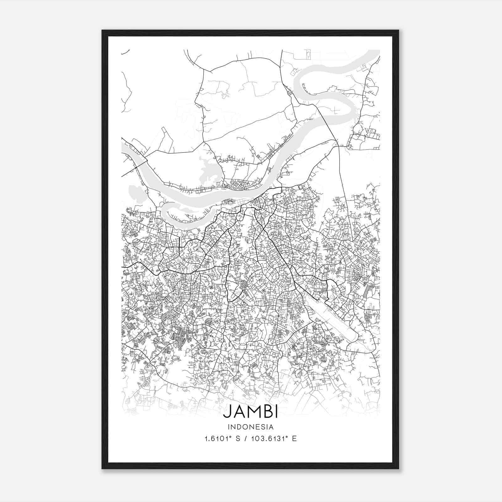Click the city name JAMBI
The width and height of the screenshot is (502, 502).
[250, 412]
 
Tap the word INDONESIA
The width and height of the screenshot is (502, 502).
[250, 427]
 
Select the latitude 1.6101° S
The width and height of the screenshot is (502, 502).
[222, 439]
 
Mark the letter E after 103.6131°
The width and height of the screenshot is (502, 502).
[294, 439]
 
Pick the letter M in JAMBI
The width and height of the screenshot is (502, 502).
[251, 412]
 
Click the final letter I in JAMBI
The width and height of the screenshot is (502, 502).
[276, 412]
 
